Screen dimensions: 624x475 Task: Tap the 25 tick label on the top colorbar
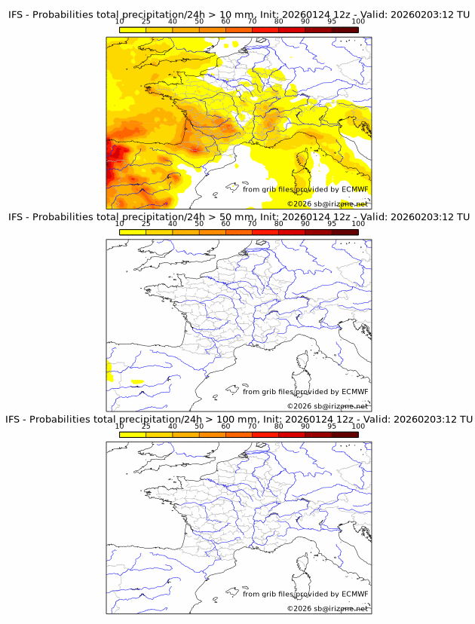click(146, 23)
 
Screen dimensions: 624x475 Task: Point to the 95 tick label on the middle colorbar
click(332, 224)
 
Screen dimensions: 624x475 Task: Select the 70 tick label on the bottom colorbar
click(253, 426)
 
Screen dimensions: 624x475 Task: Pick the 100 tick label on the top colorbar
click(358, 23)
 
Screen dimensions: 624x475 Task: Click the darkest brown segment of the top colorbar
click(345, 30)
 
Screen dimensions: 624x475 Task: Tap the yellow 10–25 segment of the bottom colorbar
click(133, 434)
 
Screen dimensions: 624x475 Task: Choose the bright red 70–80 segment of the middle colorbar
click(265, 232)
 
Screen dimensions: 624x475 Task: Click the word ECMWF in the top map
click(354, 190)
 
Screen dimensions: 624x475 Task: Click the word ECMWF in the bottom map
click(354, 594)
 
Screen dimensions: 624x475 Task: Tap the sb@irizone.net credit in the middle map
click(341, 406)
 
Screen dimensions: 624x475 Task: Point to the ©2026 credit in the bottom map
click(299, 608)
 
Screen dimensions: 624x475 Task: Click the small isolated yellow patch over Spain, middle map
click(136, 381)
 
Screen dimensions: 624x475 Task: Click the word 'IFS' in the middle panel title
click(16, 217)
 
